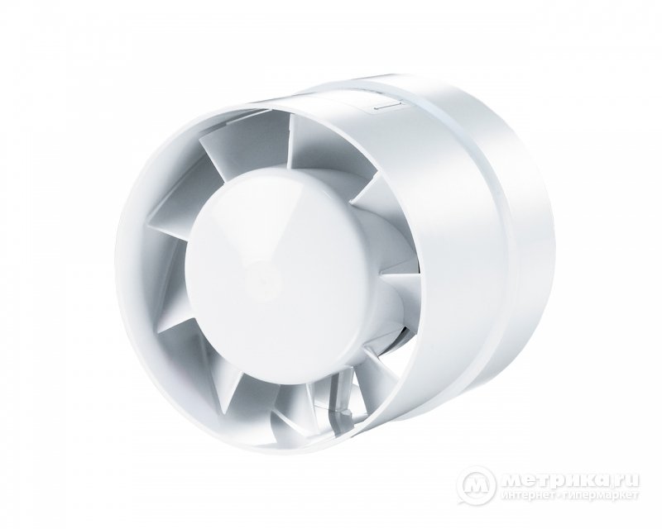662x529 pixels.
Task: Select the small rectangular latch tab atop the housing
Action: point(388,107)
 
